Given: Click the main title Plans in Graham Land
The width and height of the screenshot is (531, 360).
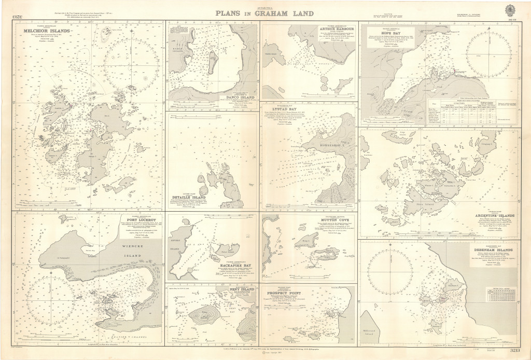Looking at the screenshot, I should click(265, 14).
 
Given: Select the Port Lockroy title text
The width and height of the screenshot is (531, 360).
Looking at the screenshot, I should click(150, 218).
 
